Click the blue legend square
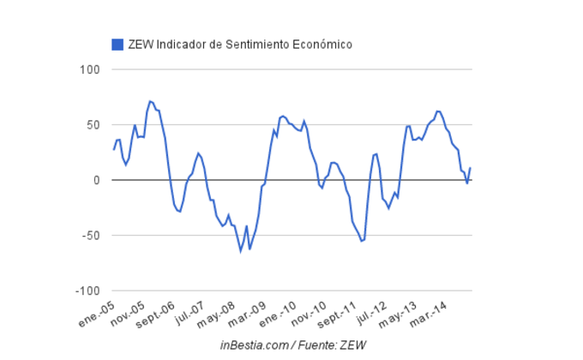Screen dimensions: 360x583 (117, 44)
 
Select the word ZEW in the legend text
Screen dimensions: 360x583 (141, 44)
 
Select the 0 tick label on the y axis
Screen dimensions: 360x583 (97, 180)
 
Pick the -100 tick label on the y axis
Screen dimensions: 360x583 (87, 291)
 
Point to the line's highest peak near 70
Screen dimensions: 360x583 (150, 101)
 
